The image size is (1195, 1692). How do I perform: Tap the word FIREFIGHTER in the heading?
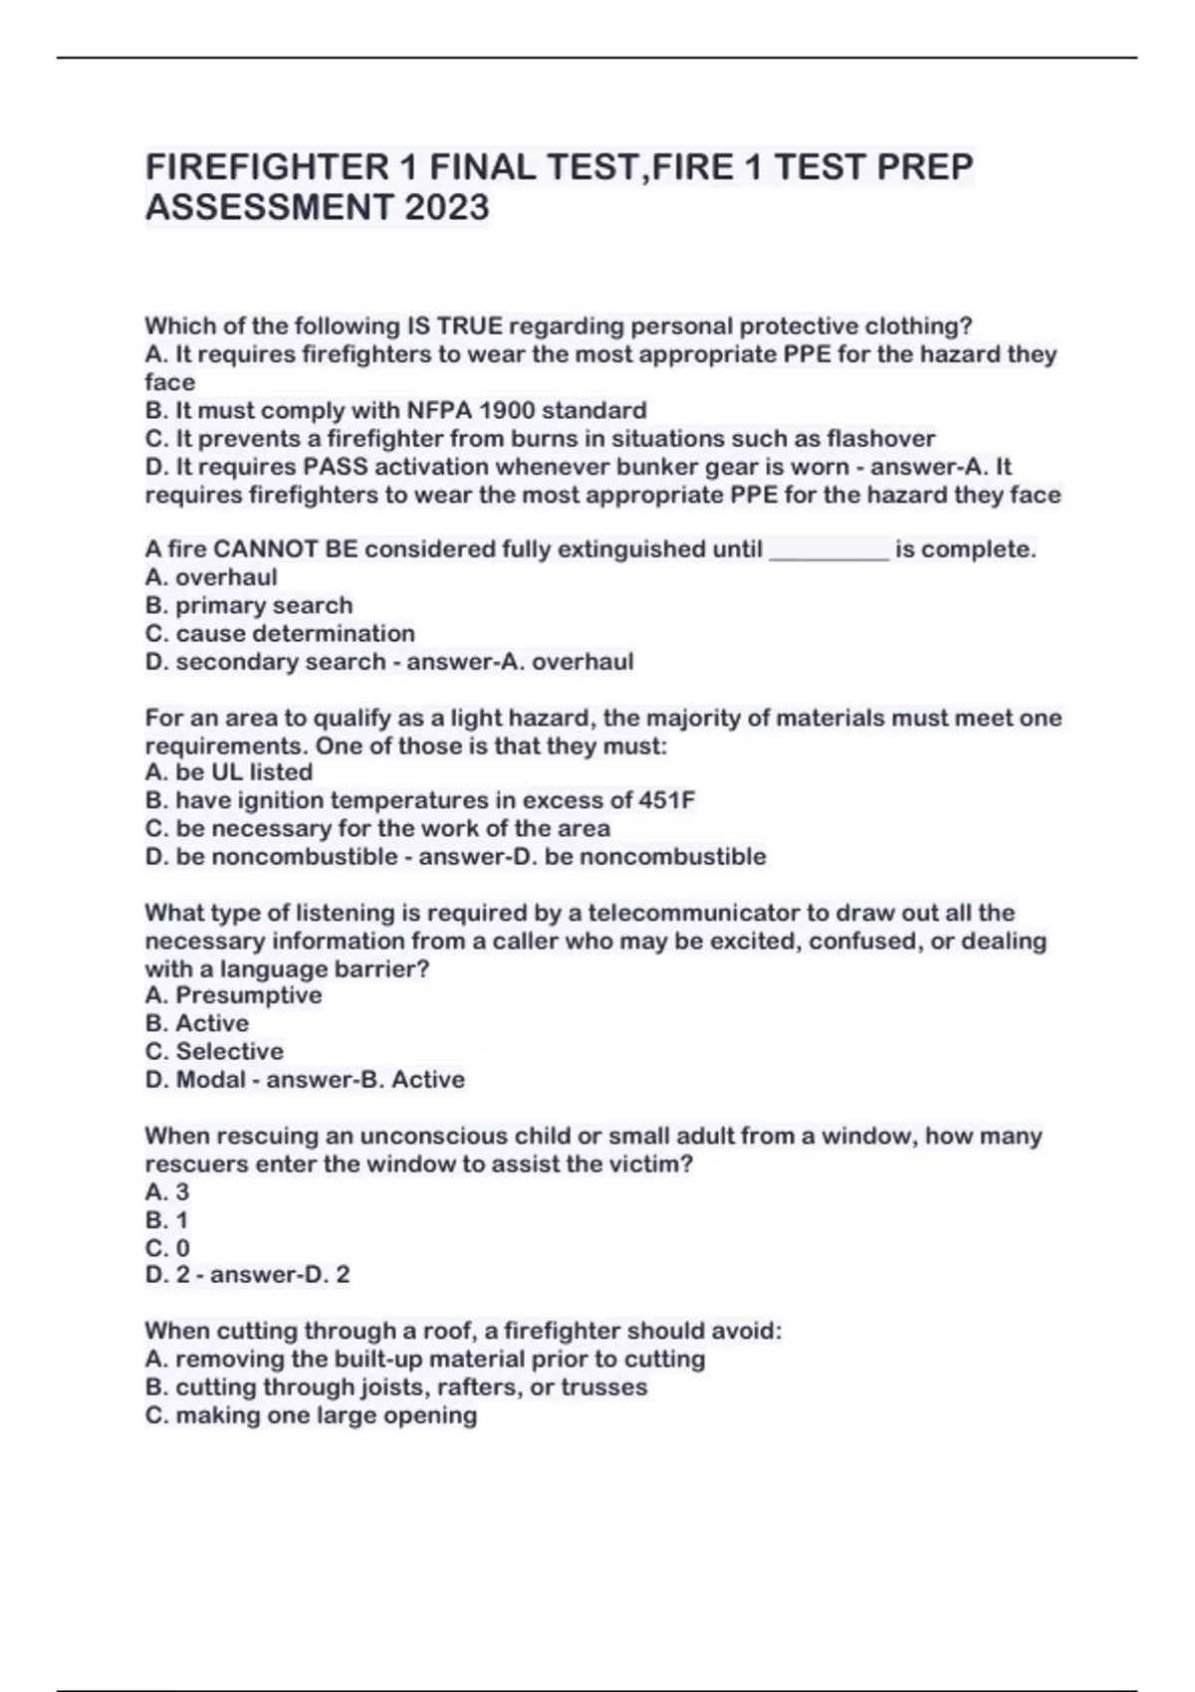[267, 166]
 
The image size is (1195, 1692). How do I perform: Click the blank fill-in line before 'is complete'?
[829, 550]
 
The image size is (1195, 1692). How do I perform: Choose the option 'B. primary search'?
[249, 605]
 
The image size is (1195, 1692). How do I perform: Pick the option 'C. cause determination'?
[280, 633]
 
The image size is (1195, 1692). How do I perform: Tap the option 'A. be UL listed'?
[229, 772]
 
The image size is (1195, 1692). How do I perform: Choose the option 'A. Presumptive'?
[233, 995]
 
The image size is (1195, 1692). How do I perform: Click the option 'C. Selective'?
[214, 1051]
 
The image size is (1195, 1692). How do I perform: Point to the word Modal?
[210, 1080]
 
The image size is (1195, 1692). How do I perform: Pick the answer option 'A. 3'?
[166, 1191]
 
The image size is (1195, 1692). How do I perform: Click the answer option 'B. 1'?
[166, 1220]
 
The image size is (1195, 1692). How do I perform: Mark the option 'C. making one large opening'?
[311, 1415]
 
